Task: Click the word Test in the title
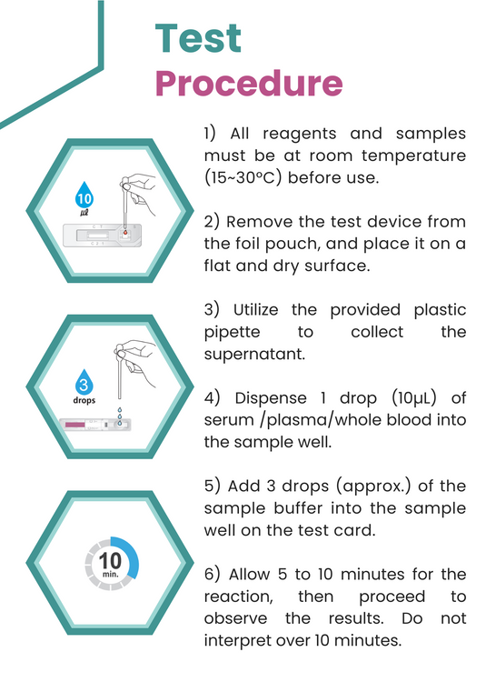(x=198, y=38)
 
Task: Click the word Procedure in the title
(x=248, y=83)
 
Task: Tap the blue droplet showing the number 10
(x=84, y=198)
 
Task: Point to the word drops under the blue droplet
(x=84, y=399)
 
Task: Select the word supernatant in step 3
(x=254, y=354)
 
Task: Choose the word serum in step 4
(x=229, y=420)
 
